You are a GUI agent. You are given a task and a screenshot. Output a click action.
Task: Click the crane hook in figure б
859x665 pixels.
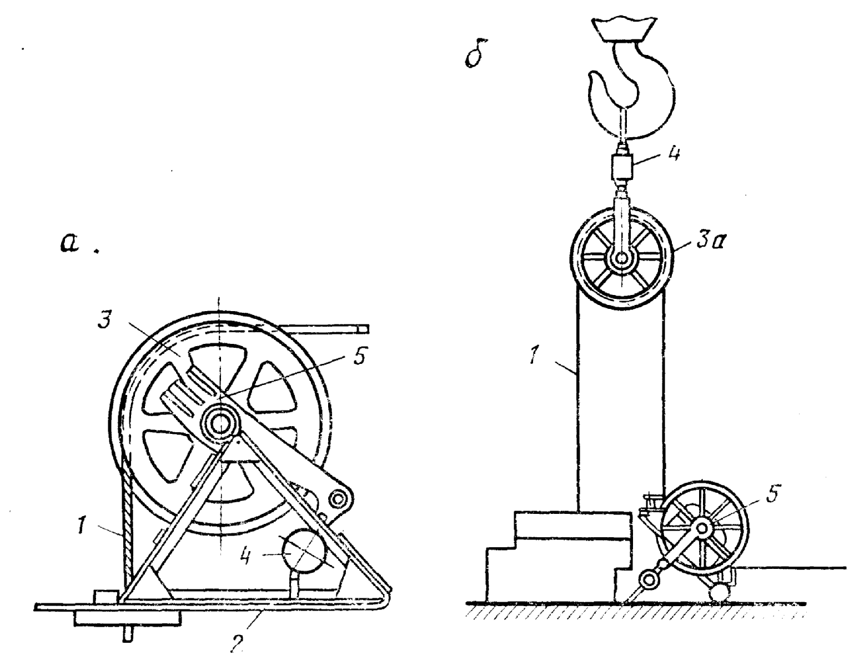click(633, 89)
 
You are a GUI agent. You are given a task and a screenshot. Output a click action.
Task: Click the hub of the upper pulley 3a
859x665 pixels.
click(621, 259)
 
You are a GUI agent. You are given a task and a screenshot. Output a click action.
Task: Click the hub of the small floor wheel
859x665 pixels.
click(702, 527)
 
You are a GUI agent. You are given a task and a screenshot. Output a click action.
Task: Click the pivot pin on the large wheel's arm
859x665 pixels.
click(337, 499)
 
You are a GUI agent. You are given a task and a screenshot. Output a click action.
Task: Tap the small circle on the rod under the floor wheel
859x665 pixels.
click(648, 581)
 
